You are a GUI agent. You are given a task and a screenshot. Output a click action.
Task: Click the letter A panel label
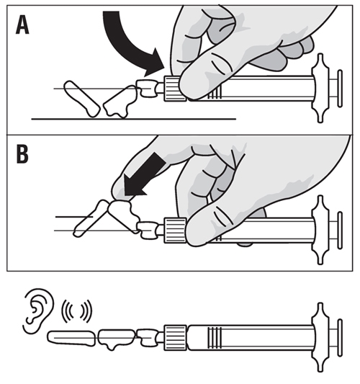(22, 26)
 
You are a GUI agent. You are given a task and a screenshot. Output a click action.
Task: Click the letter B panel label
(22, 154)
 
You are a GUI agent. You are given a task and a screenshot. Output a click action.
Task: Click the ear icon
(38, 311)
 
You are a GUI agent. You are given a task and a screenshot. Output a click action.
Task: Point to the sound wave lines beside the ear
(77, 311)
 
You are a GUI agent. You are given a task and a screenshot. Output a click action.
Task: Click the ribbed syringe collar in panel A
(174, 89)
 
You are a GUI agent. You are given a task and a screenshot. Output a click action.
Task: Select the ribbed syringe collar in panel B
(175, 231)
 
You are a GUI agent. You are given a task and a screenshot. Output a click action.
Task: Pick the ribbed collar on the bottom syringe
(175, 338)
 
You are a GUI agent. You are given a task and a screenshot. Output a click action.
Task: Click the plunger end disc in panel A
(340, 89)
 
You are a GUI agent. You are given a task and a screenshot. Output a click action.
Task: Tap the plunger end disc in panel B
(340, 231)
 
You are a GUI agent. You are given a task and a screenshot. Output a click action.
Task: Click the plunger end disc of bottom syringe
(340, 338)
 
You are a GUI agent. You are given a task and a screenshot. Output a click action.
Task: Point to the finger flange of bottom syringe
(320, 338)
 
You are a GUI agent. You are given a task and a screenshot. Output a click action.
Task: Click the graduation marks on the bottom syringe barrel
(215, 338)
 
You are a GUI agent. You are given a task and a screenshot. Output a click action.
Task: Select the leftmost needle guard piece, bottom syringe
(71, 338)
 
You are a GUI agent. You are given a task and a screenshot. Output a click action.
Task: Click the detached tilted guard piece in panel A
(82, 99)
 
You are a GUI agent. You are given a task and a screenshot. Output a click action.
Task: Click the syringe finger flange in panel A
(320, 89)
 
